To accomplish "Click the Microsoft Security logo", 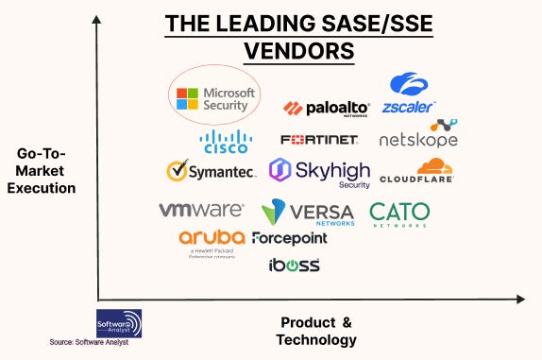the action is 214,99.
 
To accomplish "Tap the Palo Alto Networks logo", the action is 326,109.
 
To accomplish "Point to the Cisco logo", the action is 225,142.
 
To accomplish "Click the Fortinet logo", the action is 319,140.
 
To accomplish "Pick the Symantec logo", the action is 211,171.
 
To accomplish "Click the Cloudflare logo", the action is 416,171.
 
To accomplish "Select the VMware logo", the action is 201,210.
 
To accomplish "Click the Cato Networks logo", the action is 398,214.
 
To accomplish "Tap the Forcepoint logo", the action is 290,238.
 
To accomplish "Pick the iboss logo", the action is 295,265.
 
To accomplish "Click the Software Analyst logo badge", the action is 120,322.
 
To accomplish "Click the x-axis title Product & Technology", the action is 316,331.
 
